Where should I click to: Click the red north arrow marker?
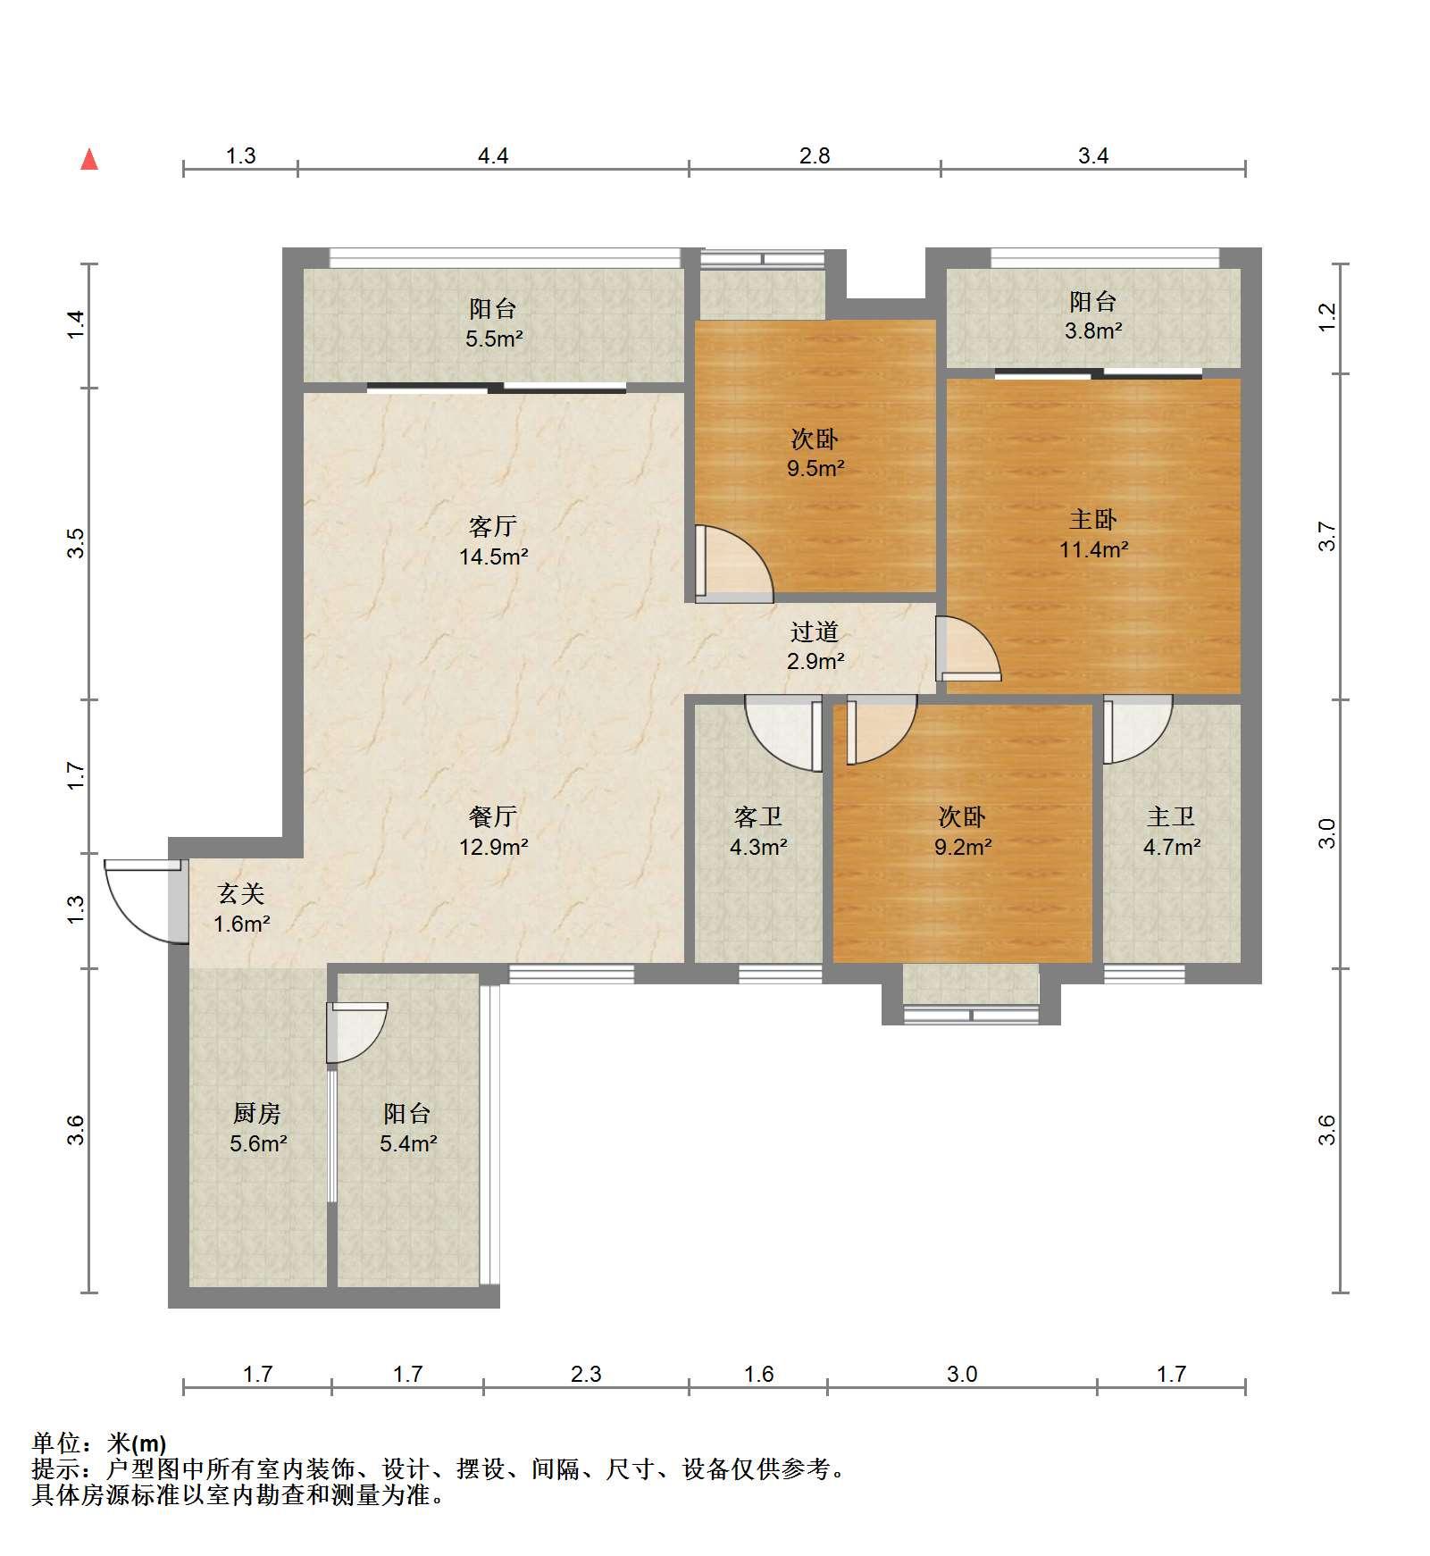[89, 160]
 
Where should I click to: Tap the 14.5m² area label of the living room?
[494, 557]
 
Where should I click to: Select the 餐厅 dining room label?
[493, 816]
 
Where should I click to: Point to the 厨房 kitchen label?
[257, 1113]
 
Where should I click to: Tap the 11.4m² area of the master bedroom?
[1094, 549]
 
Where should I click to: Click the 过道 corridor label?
[815, 632]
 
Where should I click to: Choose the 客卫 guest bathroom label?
[758, 816]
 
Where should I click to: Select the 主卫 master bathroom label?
[1171, 816]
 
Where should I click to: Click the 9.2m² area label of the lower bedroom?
[963, 847]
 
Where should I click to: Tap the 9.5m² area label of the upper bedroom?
[815, 468]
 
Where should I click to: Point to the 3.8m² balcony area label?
[1094, 330]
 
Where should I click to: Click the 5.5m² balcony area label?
[494, 339]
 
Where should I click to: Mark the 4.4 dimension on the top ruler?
[493, 156]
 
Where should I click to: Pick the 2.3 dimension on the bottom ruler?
[586, 1374]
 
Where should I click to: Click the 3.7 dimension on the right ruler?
[1327, 536]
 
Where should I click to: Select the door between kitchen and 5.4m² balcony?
[356, 1033]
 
